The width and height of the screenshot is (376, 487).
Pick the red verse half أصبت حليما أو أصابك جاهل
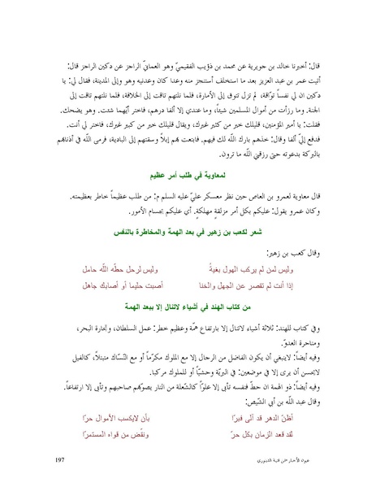[117, 310]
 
